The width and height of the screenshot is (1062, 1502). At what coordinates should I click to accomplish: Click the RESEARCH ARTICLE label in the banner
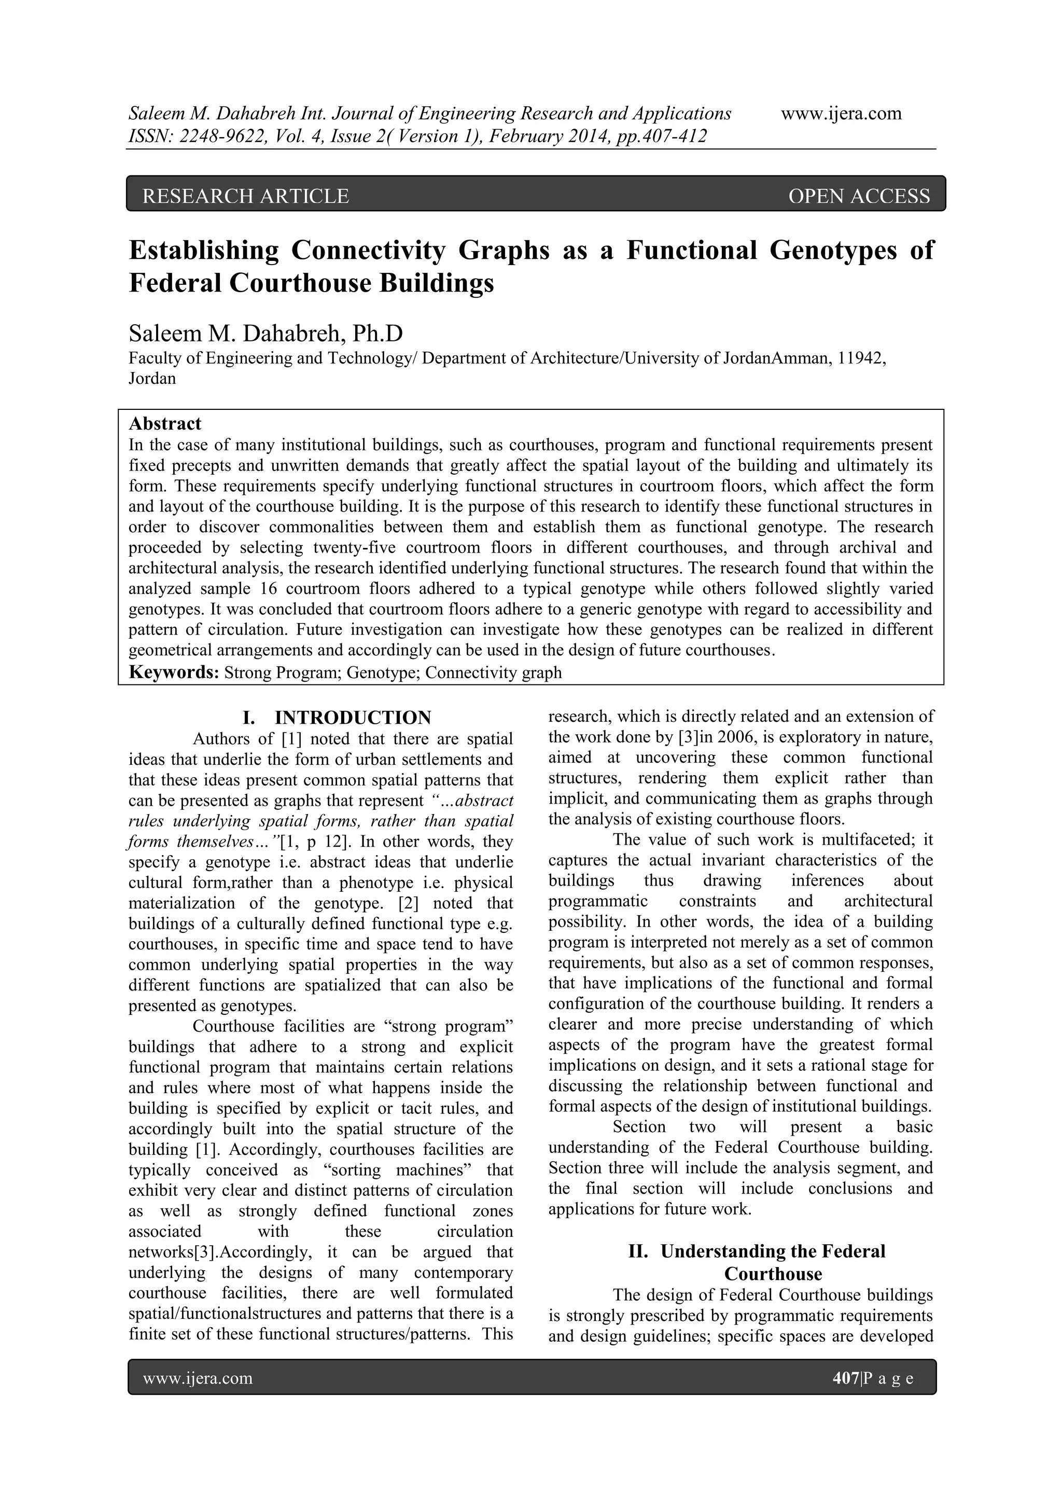tap(245, 196)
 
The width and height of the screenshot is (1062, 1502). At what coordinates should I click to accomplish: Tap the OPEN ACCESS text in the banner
tap(859, 196)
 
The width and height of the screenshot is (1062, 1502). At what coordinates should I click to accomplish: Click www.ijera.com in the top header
tap(841, 113)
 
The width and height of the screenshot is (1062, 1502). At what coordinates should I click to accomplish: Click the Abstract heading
tap(165, 423)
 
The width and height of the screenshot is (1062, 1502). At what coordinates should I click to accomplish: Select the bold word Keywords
tap(173, 672)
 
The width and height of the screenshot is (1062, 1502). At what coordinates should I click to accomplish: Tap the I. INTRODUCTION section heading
tap(336, 718)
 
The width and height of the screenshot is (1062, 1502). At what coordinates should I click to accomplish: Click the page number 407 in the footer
tap(846, 1379)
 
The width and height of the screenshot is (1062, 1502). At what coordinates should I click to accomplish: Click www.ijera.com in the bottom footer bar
tap(198, 1379)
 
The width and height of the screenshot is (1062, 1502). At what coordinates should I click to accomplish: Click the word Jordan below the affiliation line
tap(152, 379)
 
